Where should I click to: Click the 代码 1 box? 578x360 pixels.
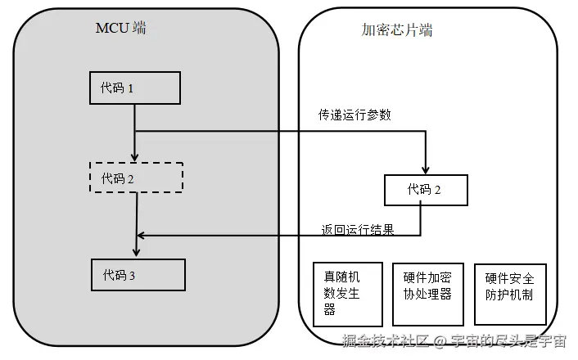[x=134, y=88]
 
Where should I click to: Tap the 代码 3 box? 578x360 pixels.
[x=138, y=275]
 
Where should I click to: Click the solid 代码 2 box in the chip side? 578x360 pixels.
[x=426, y=190]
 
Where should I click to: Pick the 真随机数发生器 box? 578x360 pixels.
[x=348, y=294]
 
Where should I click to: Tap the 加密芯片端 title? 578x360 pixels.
[x=398, y=30]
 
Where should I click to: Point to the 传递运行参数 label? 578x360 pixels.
[x=354, y=115]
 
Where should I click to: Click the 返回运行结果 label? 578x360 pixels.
[x=358, y=230]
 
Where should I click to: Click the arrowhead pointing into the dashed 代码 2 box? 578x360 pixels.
[x=134, y=156]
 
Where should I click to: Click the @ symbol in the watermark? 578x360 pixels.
[x=439, y=341]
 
